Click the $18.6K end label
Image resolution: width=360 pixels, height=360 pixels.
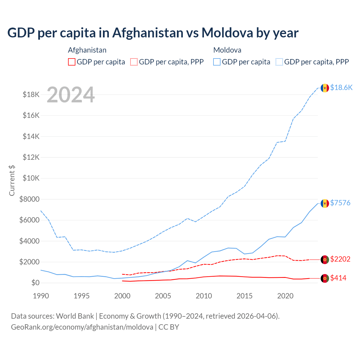point(341,87)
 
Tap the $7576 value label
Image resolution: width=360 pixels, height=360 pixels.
point(340,203)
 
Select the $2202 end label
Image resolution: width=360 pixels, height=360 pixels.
point(340,259)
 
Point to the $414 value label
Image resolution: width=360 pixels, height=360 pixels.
point(338,278)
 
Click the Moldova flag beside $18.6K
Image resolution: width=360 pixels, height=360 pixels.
point(325,88)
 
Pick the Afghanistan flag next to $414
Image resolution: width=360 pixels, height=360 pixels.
point(325,278)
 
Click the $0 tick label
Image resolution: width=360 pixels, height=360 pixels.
point(35,283)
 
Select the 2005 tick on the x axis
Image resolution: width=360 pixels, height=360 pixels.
point(163,296)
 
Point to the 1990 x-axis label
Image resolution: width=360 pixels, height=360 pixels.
point(41,296)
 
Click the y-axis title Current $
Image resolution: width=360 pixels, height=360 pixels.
point(12,180)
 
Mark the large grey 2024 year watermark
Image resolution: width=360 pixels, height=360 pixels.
point(71,95)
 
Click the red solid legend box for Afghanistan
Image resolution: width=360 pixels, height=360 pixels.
point(72,62)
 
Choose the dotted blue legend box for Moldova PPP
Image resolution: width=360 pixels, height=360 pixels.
point(279,62)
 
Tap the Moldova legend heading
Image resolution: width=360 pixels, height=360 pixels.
point(227,50)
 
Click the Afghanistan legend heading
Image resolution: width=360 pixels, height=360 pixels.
point(87,50)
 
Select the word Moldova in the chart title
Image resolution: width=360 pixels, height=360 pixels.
point(227,33)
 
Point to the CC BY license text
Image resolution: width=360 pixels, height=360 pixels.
point(169,327)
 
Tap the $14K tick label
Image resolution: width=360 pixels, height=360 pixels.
point(31,136)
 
